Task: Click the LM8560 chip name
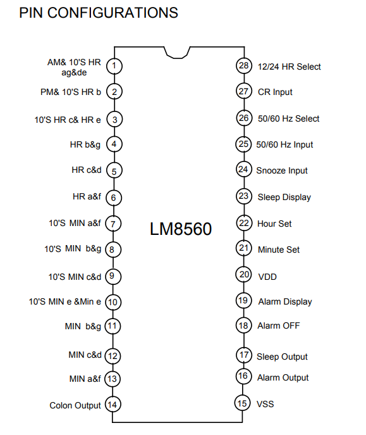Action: pos(181,229)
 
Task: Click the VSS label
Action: pos(265,404)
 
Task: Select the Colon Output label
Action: pos(75,405)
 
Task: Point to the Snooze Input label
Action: pos(282,170)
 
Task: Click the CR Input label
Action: pos(275,92)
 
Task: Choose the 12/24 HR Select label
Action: pos(290,66)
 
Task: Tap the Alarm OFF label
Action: pos(279,325)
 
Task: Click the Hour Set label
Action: pos(274,224)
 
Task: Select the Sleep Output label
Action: pos(282,356)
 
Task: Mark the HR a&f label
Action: pos(87,197)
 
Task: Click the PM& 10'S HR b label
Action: pos(71,92)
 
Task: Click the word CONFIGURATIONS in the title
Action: pos(113,13)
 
